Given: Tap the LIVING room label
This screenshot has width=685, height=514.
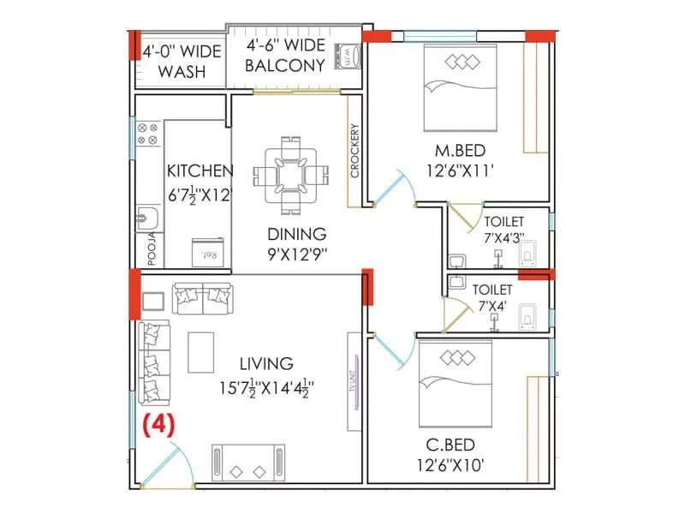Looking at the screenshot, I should click(x=267, y=364).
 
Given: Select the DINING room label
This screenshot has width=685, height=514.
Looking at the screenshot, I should click(x=295, y=234).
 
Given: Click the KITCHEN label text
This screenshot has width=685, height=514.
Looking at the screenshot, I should click(x=200, y=170).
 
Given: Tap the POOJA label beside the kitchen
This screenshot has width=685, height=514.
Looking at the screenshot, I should click(x=152, y=248).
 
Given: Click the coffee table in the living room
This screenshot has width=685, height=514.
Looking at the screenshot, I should click(x=201, y=352).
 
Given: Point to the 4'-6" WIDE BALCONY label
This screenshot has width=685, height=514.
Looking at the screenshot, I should click(x=285, y=56).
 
